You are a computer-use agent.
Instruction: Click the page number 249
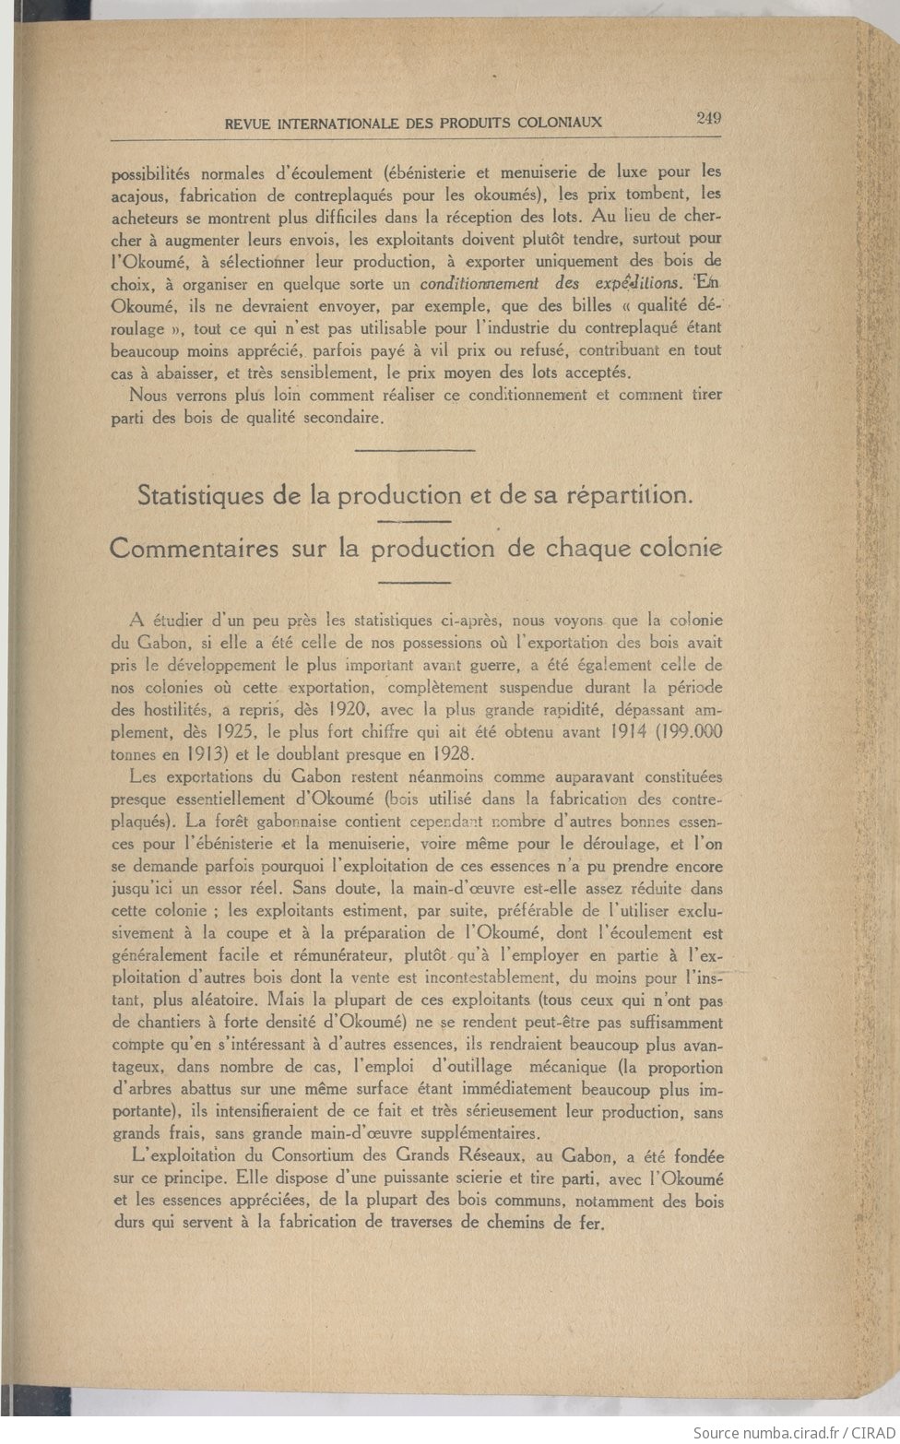709,117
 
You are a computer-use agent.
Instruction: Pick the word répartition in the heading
630,495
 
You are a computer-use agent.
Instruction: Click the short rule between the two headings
414,522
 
